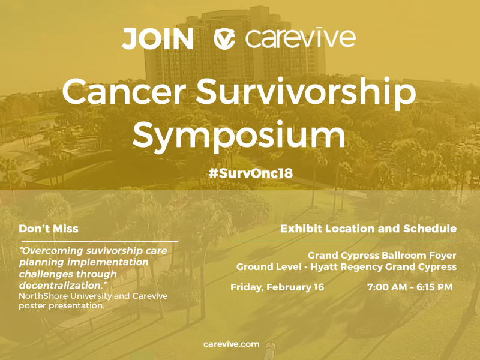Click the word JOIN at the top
click(158, 38)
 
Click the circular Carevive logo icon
click(224, 39)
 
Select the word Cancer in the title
click(124, 91)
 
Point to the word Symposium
click(239, 135)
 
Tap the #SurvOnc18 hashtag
click(251, 173)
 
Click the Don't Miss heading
click(49, 229)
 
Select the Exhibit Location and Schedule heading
click(368, 229)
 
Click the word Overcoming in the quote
click(52, 251)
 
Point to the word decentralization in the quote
click(61, 286)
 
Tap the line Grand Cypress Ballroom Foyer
click(382, 256)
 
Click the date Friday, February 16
click(277, 287)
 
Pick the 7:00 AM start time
click(387, 287)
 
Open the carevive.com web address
click(232, 344)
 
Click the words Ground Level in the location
click(269, 266)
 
